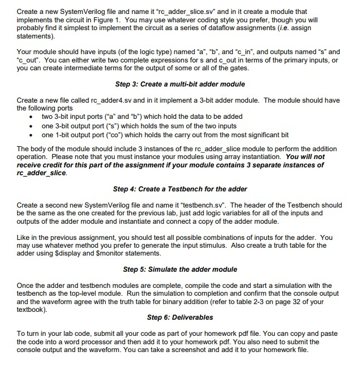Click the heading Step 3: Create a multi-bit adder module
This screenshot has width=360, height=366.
pos(179,84)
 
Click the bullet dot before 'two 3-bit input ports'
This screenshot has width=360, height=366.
pos(35,117)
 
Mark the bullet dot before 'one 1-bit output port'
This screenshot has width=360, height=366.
pos(35,134)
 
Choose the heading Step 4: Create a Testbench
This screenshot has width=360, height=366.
pos(179,189)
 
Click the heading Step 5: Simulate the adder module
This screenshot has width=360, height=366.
pos(179,269)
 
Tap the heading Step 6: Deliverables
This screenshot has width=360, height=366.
pos(179,317)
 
